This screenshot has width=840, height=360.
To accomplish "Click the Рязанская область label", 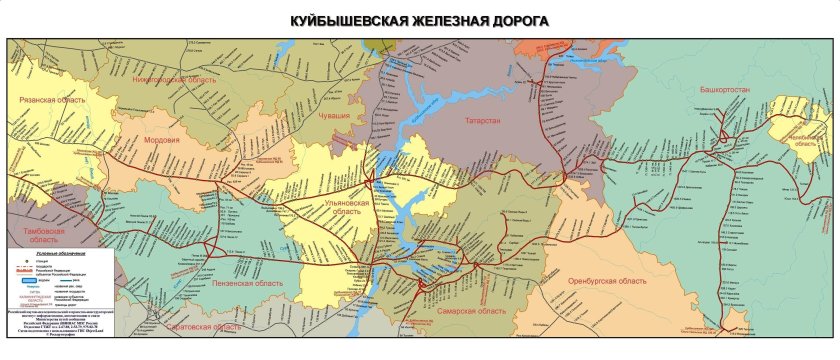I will [52, 101].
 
